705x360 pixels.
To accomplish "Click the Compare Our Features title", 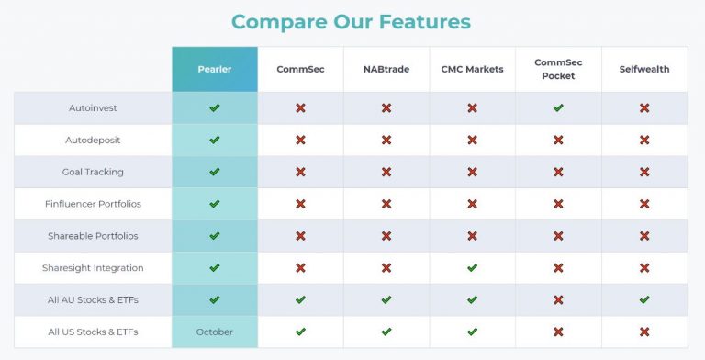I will (351, 21).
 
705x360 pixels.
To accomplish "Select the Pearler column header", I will (214, 69).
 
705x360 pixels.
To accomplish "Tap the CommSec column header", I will (300, 69).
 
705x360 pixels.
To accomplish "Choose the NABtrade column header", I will (386, 69).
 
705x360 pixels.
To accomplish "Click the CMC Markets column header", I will (472, 69).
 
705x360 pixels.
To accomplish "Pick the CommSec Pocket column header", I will (558, 69).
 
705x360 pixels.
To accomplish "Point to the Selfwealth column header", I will (644, 69).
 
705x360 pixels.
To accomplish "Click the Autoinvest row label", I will (93, 108).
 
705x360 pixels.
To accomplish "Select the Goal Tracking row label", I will (93, 172).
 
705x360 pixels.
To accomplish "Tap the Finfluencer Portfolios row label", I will (93, 204).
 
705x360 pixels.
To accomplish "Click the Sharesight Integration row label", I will (93, 268).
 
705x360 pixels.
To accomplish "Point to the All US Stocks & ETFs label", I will (93, 332).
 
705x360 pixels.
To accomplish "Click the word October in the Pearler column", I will (214, 332).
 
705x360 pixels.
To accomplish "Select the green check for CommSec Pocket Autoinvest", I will (558, 108).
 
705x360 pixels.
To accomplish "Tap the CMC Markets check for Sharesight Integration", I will (472, 268).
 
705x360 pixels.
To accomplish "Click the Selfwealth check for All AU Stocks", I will (644, 299).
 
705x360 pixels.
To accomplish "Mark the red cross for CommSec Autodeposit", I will (300, 141).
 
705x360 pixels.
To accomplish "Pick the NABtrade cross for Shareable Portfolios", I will (386, 236).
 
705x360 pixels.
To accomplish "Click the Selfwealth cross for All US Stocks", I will (644, 332).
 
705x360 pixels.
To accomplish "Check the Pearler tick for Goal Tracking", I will (214, 172).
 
